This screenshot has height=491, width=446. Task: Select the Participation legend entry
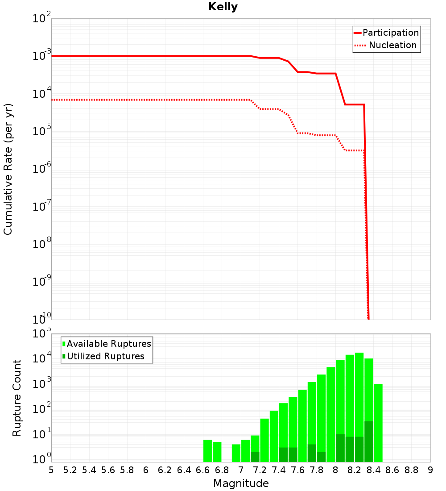390,33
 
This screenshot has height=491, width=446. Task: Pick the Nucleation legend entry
392,45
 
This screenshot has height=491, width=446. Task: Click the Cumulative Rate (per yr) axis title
8,169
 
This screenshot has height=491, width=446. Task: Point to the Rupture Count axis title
17,398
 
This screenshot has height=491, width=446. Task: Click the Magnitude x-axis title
241,483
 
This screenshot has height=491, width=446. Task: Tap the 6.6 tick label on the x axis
203,470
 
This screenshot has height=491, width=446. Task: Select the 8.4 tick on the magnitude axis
374,470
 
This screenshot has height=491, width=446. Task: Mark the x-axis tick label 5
51,470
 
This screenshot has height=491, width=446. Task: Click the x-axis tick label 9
430,470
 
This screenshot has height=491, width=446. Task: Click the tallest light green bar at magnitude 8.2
359,393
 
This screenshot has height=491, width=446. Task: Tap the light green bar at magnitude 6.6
207,451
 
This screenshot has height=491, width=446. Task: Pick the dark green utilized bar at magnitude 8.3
369,442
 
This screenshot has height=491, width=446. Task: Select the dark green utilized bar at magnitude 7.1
255,457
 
